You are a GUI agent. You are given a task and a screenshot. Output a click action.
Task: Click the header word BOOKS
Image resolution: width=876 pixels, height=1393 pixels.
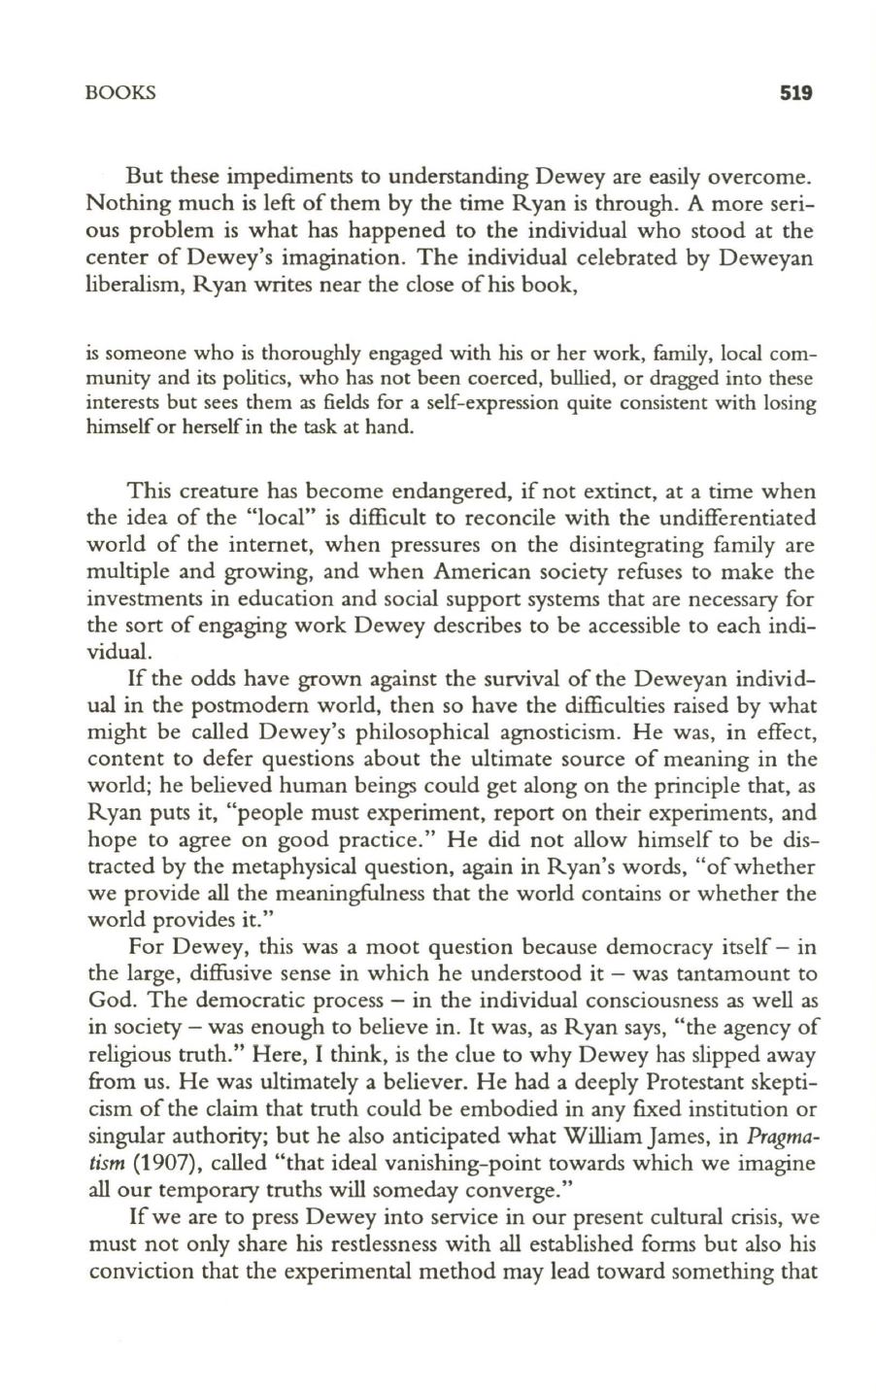click(x=120, y=94)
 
